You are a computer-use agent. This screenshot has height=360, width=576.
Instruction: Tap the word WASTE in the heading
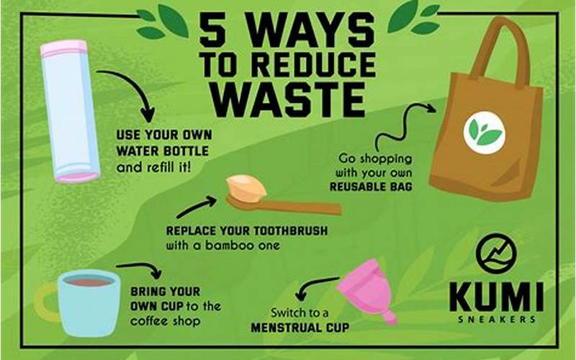[289, 99]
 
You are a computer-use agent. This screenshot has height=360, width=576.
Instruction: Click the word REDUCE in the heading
[315, 64]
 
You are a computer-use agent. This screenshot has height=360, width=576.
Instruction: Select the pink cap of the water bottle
[64, 49]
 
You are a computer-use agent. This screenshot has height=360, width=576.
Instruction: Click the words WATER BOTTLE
[163, 151]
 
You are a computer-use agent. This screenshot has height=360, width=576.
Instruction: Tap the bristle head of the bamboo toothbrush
[246, 188]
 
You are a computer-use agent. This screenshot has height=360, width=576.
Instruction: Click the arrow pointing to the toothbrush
[196, 207]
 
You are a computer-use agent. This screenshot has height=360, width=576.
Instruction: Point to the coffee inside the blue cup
[89, 281]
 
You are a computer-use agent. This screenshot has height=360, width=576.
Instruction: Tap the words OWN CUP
[157, 306]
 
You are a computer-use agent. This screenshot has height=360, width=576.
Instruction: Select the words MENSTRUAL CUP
[300, 328]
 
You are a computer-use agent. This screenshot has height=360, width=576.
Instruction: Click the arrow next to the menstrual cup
[316, 287]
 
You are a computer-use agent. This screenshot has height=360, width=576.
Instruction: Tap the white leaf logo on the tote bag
[484, 132]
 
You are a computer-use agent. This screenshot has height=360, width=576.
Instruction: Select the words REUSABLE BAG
[371, 186]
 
